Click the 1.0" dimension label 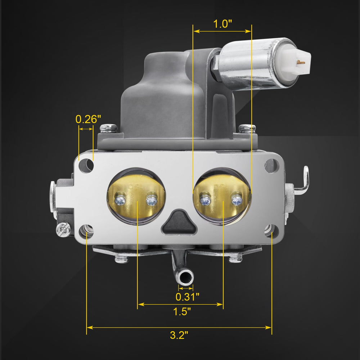tap(222, 24)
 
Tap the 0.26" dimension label tap(88, 119)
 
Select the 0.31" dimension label tap(187, 297)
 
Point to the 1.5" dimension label tap(182, 311)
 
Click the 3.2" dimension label tap(179, 335)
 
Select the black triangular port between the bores tap(179, 222)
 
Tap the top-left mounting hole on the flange tap(86, 166)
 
